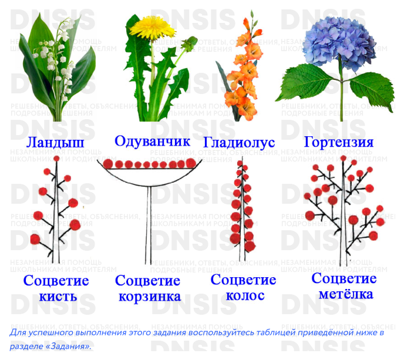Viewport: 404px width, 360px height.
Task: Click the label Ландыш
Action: click(55, 143)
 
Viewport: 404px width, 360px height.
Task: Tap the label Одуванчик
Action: click(152, 141)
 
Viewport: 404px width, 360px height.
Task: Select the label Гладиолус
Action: click(239, 143)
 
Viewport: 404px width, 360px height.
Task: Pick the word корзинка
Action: click(149, 296)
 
